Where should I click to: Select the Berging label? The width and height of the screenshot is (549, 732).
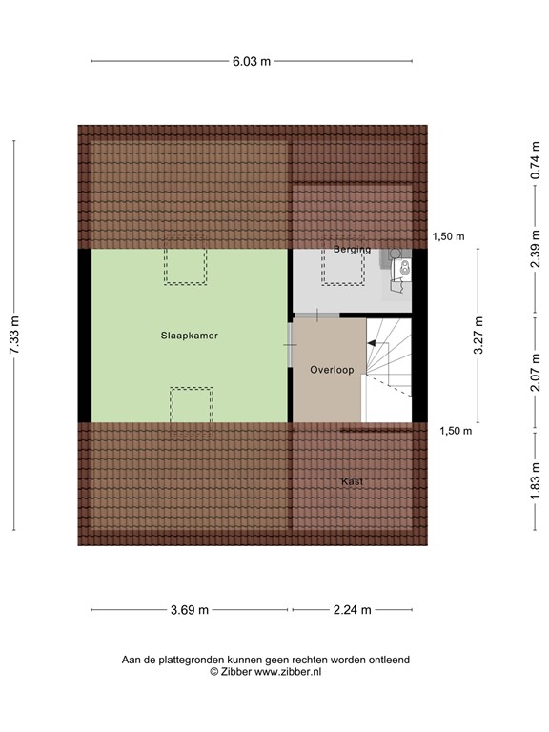pos(352,250)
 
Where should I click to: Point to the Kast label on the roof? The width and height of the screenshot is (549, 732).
pos(353,482)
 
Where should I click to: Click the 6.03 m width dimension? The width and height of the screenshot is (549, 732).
pos(253,61)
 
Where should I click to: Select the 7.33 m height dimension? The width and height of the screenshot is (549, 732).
pos(14,335)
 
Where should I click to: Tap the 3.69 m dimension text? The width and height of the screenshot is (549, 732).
pos(190,610)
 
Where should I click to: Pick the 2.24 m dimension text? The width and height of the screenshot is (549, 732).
pos(352,610)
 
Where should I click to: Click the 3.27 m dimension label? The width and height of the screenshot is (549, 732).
pos(479,335)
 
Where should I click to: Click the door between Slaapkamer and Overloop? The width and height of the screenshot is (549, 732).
pos(290,338)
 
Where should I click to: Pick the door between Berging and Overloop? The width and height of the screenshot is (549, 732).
pos(315,314)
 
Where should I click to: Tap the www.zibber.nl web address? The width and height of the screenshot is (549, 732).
pos(287,671)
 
